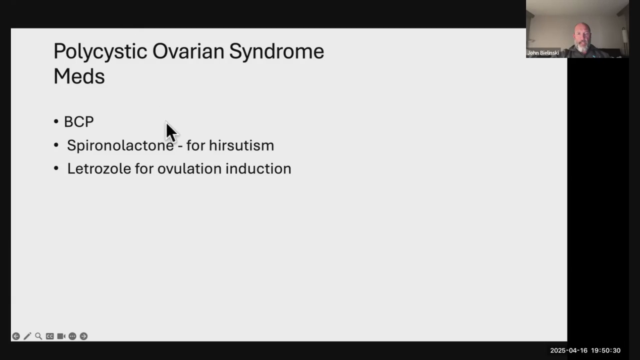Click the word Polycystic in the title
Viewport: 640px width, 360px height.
click(x=100, y=52)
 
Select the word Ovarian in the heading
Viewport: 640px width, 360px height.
click(x=188, y=51)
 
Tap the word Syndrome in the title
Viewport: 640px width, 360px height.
click(x=277, y=52)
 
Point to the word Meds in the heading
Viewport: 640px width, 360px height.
click(x=79, y=76)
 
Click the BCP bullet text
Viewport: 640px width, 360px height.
click(x=79, y=122)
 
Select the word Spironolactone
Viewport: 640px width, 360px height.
click(x=120, y=145)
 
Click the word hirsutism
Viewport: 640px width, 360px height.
click(x=241, y=145)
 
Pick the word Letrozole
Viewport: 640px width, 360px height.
click(x=99, y=169)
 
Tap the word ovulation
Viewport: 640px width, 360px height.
click(x=189, y=169)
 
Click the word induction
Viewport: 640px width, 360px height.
click(x=258, y=169)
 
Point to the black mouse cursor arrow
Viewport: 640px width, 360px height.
click(x=171, y=132)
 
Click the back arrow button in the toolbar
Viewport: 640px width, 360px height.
click(x=16, y=336)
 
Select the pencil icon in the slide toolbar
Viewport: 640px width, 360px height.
click(x=27, y=336)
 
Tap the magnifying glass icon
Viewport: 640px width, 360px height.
click(x=39, y=336)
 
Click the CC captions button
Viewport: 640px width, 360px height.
click(x=50, y=336)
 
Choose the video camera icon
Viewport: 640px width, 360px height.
click(x=61, y=336)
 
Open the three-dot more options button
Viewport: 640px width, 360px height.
click(x=72, y=336)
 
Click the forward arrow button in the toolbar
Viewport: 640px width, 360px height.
click(x=84, y=336)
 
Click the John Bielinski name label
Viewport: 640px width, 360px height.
click(x=543, y=53)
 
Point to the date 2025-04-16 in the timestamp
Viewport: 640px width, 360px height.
click(x=569, y=351)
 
